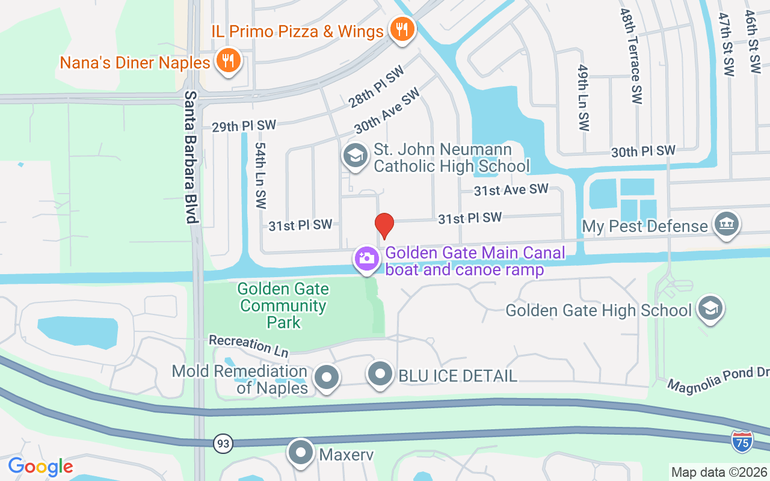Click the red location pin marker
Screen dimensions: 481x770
coord(384,225)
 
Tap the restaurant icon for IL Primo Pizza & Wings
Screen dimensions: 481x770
coord(402,29)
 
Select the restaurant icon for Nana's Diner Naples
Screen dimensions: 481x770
coord(228,61)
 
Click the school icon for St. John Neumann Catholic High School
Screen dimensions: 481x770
coord(355,156)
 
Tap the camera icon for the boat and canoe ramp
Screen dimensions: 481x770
coord(366,259)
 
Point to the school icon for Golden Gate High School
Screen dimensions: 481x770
coord(710,308)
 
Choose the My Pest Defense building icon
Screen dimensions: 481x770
coord(725,224)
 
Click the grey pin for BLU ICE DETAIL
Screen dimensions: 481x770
coord(380,374)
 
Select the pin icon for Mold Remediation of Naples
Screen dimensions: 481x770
coord(327,378)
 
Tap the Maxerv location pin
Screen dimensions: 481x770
coord(300,453)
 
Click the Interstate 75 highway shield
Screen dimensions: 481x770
coord(742,442)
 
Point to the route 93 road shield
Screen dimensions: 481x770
coord(223,444)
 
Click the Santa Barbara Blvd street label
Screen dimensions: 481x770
coord(191,158)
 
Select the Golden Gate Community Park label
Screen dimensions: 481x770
coord(283,305)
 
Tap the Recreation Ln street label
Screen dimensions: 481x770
coord(248,345)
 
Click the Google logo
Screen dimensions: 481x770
coord(40,466)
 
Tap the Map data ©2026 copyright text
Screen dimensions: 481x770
coord(719,472)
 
